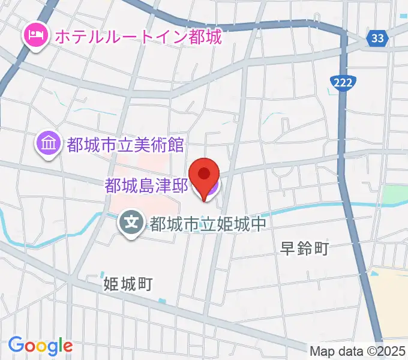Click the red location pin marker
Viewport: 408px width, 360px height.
tap(205, 175)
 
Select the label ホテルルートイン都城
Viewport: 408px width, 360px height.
tap(138, 37)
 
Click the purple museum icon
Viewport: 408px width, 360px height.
tap(47, 144)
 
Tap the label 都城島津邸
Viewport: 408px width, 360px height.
tap(147, 187)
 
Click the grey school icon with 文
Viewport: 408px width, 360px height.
tap(131, 223)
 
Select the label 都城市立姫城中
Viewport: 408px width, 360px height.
tap(207, 224)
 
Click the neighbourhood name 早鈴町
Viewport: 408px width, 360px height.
tap(305, 248)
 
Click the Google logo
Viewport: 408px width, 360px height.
tap(40, 346)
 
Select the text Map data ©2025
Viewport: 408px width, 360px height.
tap(358, 350)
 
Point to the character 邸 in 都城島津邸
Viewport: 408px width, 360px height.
tap(182, 187)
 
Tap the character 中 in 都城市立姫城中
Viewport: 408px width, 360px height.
tap(257, 224)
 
